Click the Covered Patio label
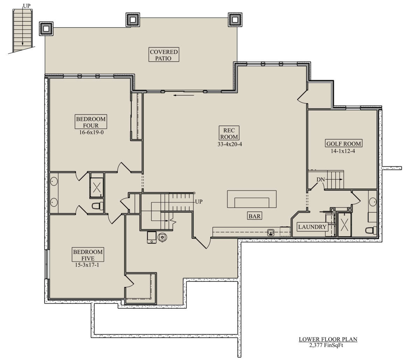pos(164,55)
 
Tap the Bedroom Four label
pos(91,122)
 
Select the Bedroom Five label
pos(88,255)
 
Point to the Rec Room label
pos(229,133)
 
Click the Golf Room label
pos(344,144)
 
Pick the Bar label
pos(254,216)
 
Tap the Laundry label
pos(312,227)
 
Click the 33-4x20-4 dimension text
pos(230,144)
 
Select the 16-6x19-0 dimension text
pos(91,132)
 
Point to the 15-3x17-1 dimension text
pos(87,265)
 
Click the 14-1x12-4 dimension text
pos(343,151)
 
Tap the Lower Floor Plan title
pos(328,339)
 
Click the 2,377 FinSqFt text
pos(326,345)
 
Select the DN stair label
pos(321,180)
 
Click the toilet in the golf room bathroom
pos(371,230)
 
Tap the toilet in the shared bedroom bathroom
pos(98,206)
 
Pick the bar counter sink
pos(271,233)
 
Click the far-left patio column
pos(46,29)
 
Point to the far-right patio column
pos(235,20)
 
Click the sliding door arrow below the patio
pos(184,95)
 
